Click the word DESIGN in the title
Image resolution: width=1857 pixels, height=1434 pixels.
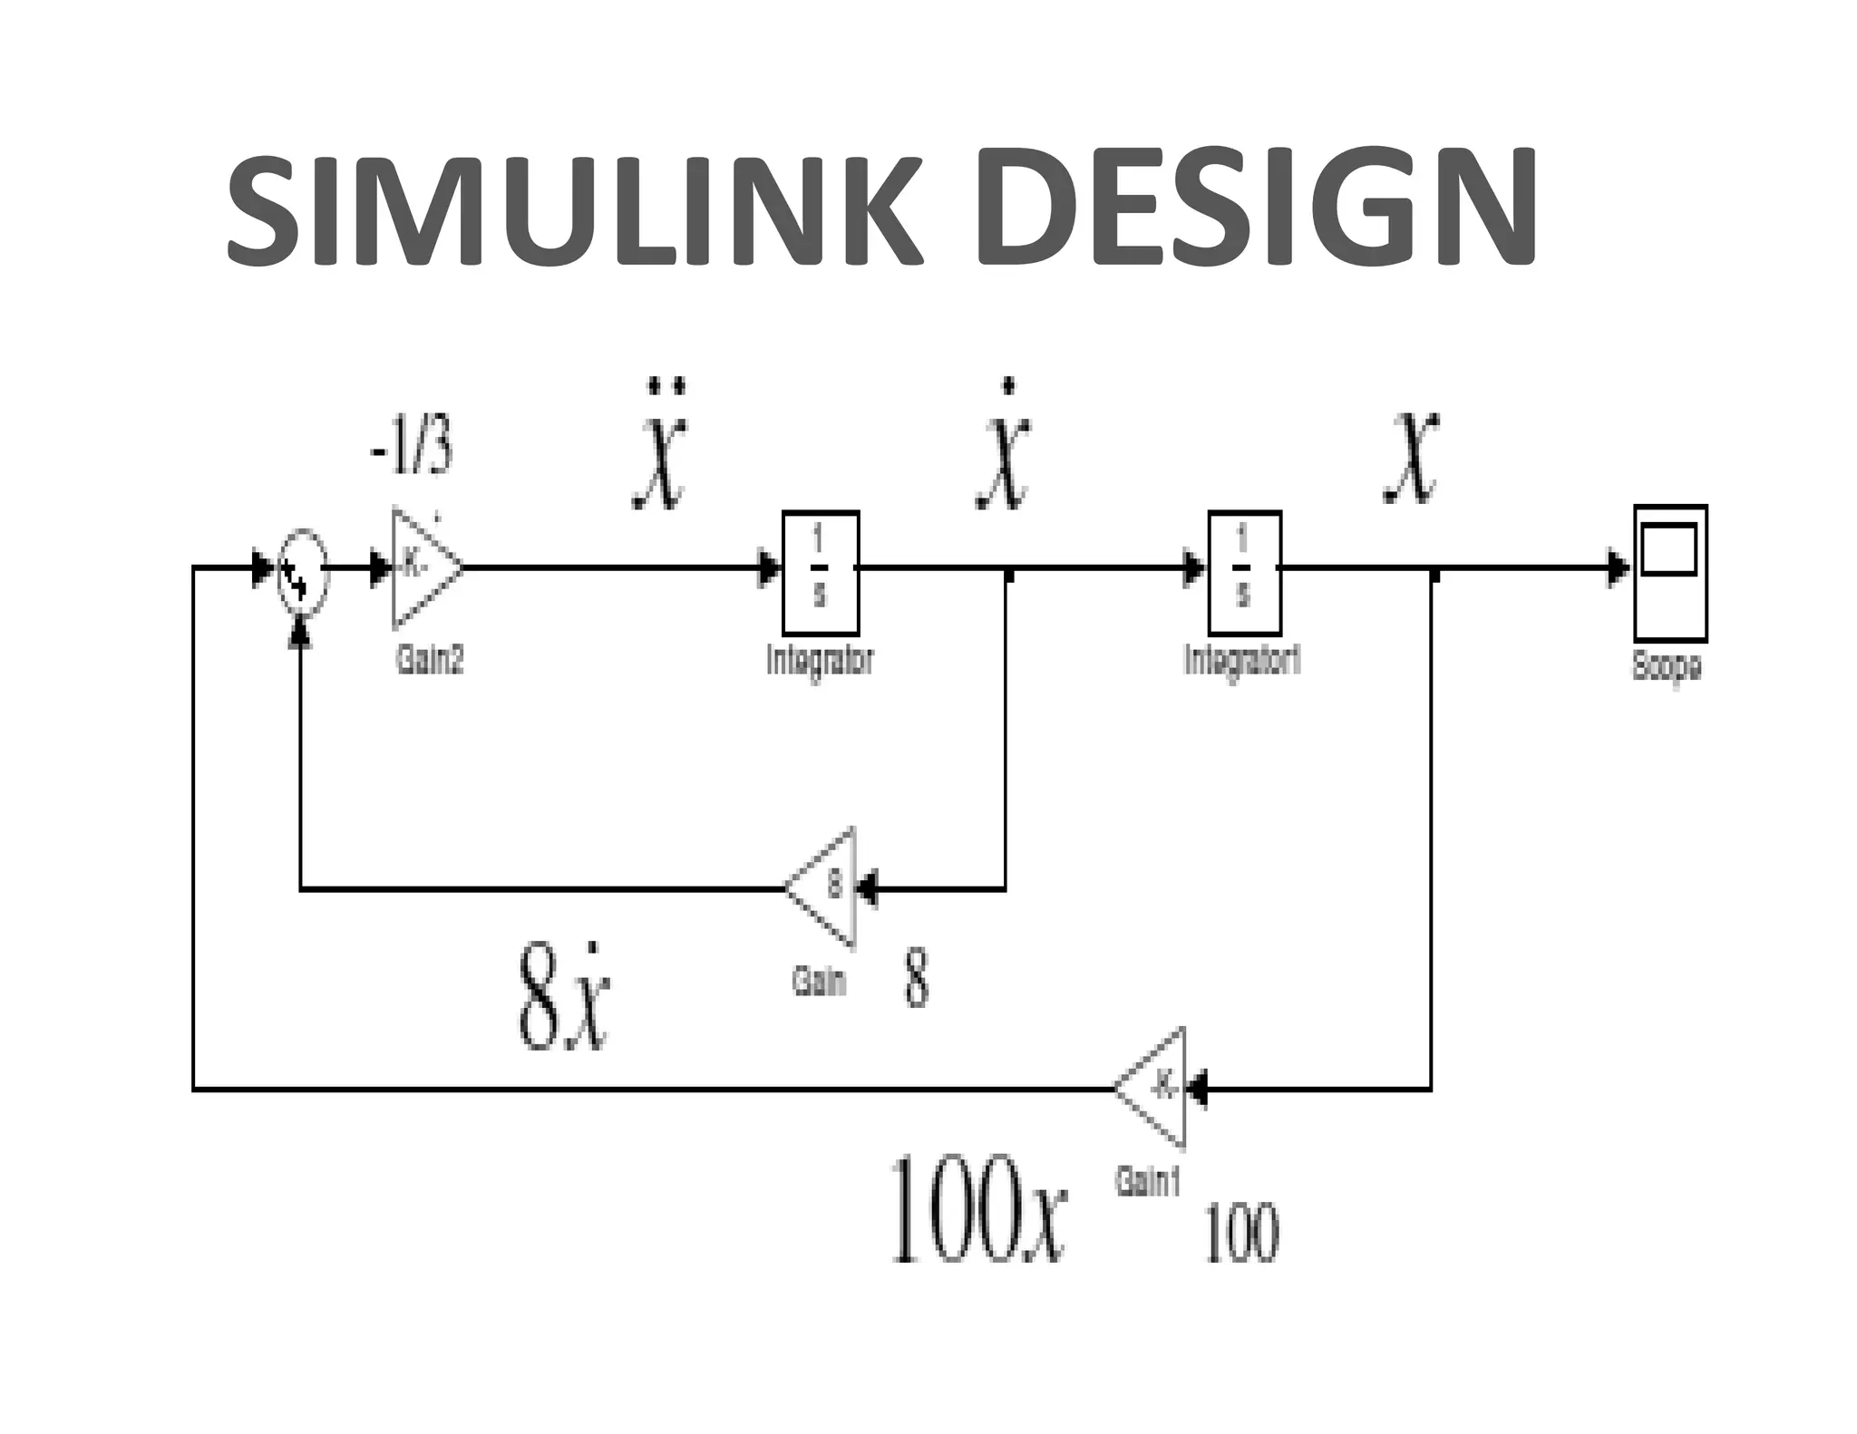(1255, 211)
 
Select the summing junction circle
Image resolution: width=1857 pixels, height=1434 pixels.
(302, 570)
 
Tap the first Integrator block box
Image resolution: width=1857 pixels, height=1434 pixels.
(821, 572)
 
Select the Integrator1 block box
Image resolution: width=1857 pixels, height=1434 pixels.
(1244, 572)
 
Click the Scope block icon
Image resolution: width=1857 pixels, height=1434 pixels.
(1669, 573)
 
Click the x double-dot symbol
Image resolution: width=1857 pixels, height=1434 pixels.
(661, 446)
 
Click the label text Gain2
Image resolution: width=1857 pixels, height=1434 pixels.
(430, 660)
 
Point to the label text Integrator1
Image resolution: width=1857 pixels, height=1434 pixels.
(1242, 660)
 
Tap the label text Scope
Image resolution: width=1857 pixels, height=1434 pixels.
(1667, 666)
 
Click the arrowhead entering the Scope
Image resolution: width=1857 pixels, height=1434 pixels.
(1617, 568)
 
